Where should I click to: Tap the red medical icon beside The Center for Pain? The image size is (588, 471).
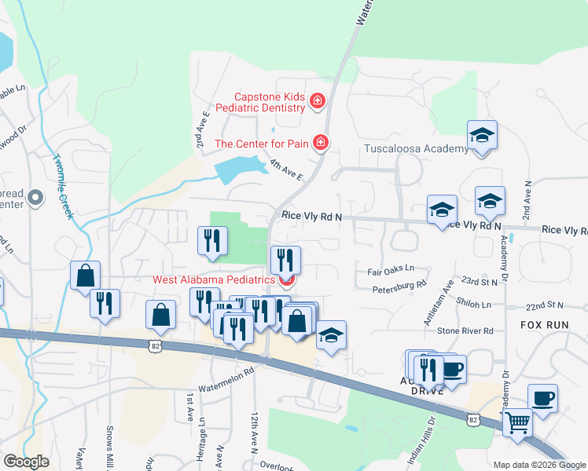[x=320, y=143]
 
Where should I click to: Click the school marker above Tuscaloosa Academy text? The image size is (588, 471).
[x=482, y=135]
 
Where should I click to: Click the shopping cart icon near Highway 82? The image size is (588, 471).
[x=517, y=422]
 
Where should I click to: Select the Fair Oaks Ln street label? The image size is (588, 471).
[x=390, y=272]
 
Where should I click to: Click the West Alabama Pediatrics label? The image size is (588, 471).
[x=214, y=279]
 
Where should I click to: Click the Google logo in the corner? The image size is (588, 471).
[x=25, y=461]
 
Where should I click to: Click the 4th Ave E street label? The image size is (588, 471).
[x=286, y=170]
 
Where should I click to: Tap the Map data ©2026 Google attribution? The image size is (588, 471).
[x=539, y=465]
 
